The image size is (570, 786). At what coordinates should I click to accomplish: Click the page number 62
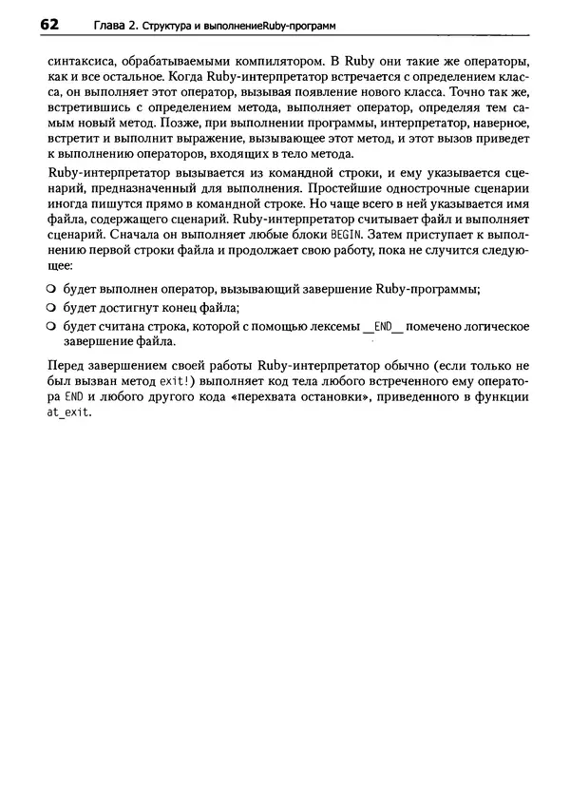(53, 24)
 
